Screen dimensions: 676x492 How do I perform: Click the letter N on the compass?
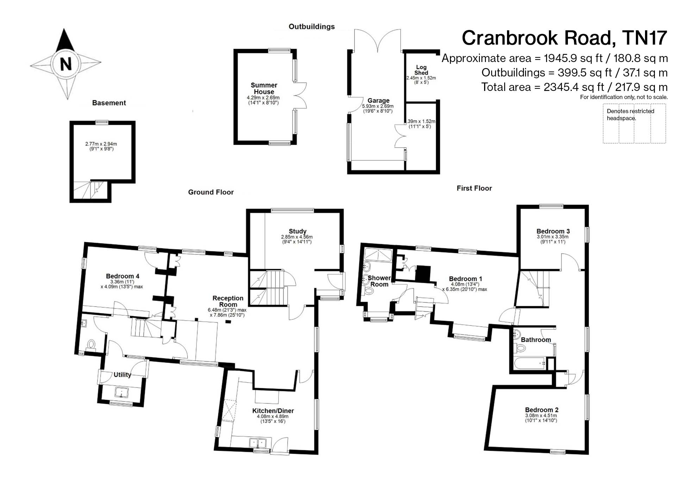click(66, 64)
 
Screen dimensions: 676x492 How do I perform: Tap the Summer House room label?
click(264, 88)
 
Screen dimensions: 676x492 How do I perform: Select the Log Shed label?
click(421, 70)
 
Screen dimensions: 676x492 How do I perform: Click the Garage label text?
click(378, 100)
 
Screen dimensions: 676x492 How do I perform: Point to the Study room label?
click(298, 231)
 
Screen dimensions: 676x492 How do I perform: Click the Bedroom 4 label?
click(123, 276)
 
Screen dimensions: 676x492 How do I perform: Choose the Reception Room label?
click(228, 301)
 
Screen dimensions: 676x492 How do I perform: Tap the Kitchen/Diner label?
click(273, 411)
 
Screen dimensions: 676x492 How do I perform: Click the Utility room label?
click(122, 375)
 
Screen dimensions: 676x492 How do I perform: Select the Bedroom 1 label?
click(465, 279)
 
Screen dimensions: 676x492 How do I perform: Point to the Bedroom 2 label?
click(542, 410)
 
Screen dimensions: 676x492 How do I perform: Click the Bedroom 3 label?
click(553, 231)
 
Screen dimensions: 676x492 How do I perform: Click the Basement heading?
click(109, 103)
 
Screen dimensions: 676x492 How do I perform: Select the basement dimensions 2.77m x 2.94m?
click(101, 144)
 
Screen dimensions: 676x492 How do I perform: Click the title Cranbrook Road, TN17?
click(564, 38)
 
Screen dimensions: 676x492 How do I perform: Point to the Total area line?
click(574, 87)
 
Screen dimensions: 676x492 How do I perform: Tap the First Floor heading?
click(474, 188)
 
